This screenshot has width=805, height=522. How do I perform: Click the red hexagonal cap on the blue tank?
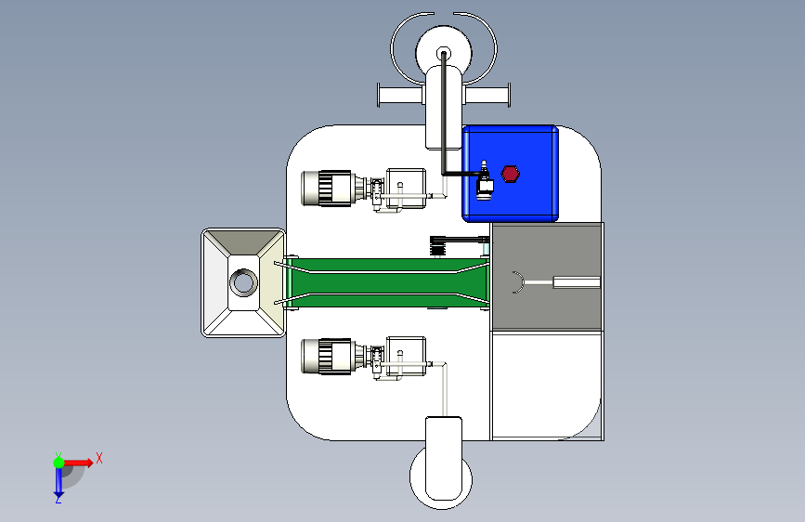point(510,174)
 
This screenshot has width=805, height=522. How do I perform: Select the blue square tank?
point(511,174)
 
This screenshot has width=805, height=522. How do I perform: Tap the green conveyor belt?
point(387,283)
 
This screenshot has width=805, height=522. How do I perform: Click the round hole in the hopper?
point(243,282)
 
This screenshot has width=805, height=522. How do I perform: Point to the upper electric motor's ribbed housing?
point(327,189)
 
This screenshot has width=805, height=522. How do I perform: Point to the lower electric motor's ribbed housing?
point(327,356)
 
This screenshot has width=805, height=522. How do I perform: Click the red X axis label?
point(99,458)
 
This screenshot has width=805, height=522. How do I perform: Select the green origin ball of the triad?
point(59,463)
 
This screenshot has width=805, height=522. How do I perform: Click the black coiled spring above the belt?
point(437,245)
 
